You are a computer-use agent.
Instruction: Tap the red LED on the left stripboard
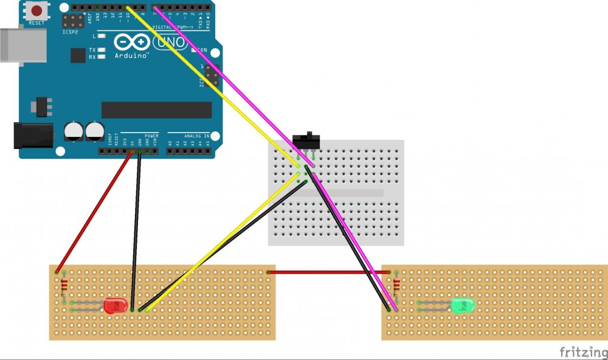click(x=114, y=306)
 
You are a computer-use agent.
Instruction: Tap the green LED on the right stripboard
click(x=463, y=305)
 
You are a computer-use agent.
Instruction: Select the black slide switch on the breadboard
click(x=308, y=140)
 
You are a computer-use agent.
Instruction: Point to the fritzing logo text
click(x=582, y=352)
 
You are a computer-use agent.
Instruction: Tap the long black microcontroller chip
click(x=156, y=110)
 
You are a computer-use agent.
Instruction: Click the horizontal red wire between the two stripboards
click(x=328, y=272)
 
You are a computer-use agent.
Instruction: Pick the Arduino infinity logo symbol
click(x=131, y=42)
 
